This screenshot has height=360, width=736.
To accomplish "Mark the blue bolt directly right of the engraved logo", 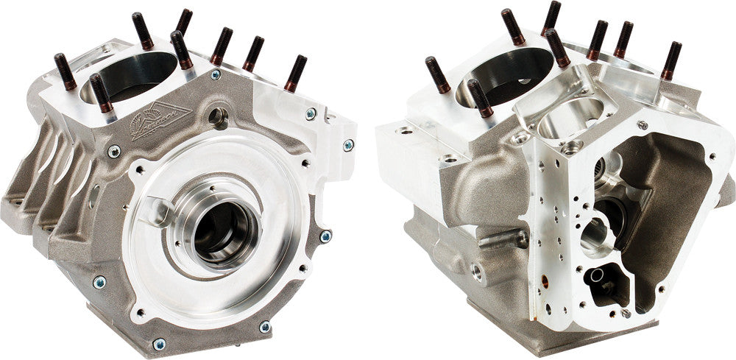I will [215, 75].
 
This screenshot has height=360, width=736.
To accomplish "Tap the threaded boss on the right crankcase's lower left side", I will [478, 273].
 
